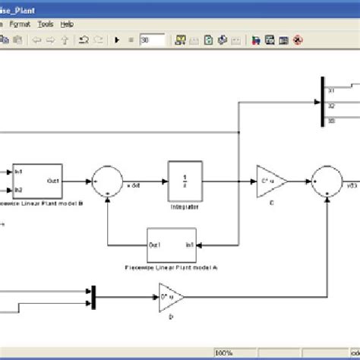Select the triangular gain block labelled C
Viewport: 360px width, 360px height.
click(270, 182)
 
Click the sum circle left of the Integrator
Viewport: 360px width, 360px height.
click(108, 183)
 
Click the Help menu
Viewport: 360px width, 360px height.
click(67, 24)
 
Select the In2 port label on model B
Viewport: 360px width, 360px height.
click(18, 190)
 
